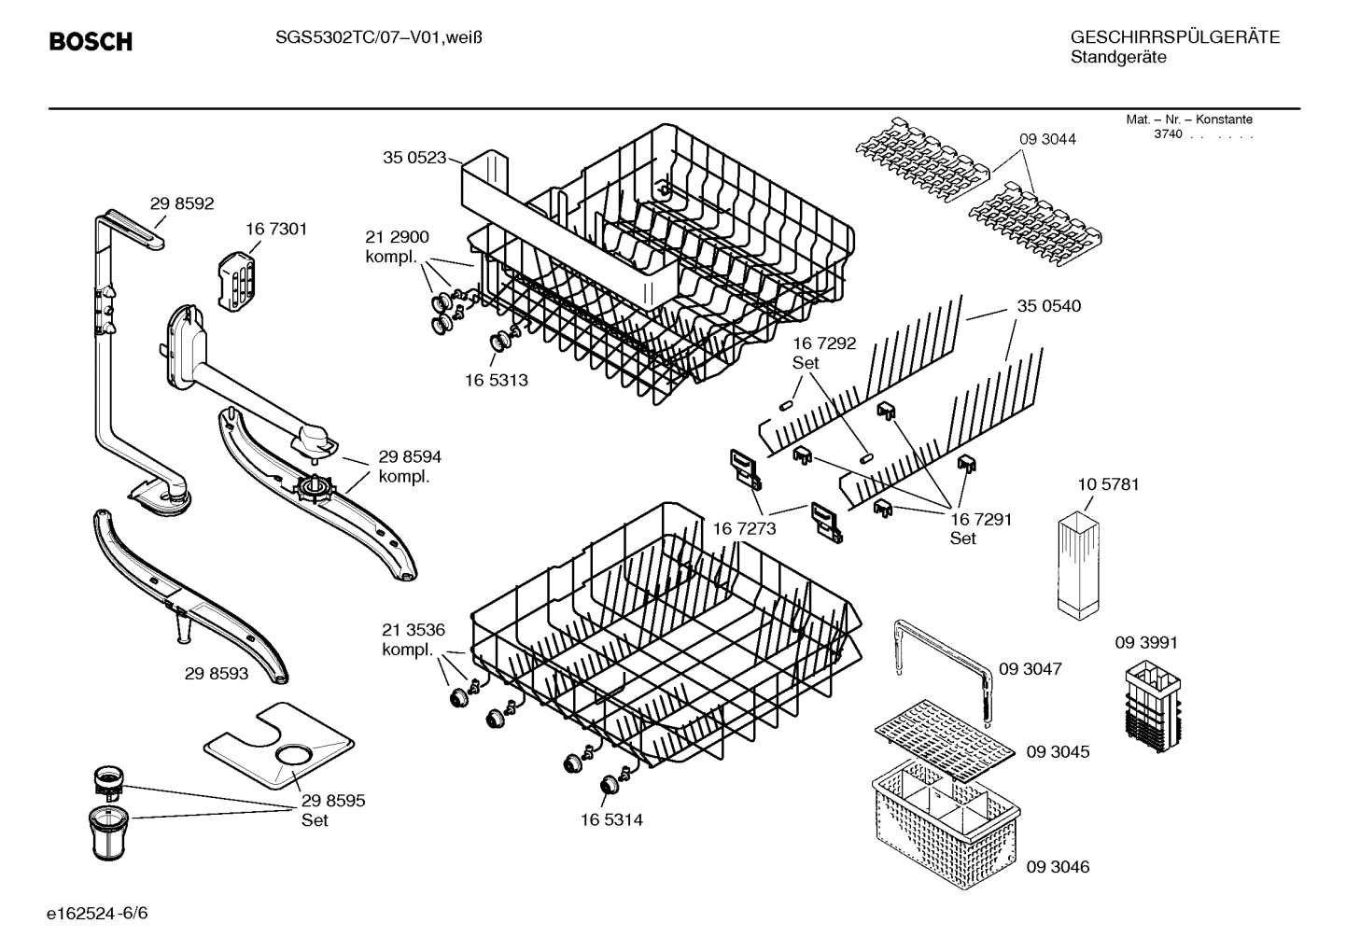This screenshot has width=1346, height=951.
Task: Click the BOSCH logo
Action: pyautogui.click(x=91, y=42)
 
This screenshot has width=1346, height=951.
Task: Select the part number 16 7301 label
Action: pyautogui.click(x=276, y=229)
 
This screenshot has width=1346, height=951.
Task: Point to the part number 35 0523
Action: pyautogui.click(x=414, y=158)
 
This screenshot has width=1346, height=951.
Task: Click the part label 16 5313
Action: pyautogui.click(x=496, y=381)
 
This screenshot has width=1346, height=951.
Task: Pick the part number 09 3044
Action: pyautogui.click(x=1047, y=139)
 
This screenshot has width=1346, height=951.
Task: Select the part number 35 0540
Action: pyautogui.click(x=1049, y=306)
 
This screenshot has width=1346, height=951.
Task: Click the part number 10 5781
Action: pyautogui.click(x=1108, y=484)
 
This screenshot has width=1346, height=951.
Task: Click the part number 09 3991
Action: pyautogui.click(x=1146, y=643)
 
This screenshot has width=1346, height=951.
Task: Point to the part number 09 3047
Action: pyautogui.click(x=1030, y=669)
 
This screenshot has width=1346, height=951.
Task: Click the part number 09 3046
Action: pyautogui.click(x=1058, y=867)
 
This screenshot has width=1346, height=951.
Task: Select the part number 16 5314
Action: pyautogui.click(x=610, y=820)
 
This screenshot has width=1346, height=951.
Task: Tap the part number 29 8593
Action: pyautogui.click(x=217, y=673)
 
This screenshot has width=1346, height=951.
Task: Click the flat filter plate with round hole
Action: pyautogui.click(x=280, y=742)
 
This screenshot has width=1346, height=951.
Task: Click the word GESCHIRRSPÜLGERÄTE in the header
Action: pyautogui.click(x=1174, y=37)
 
